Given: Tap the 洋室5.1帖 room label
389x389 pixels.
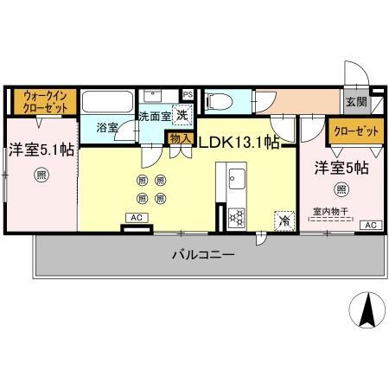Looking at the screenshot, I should (41, 149).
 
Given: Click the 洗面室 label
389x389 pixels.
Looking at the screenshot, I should (156, 116).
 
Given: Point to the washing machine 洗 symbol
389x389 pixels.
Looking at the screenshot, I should (182, 114).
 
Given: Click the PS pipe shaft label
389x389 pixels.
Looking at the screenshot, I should (188, 93).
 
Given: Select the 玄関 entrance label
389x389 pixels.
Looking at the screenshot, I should (355, 102).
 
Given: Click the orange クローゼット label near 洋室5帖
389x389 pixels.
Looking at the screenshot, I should (354, 131).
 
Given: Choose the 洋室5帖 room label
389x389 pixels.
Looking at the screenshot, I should (341, 168).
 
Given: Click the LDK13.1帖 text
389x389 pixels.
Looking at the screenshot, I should (239, 142).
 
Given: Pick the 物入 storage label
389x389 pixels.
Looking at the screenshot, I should (180, 137).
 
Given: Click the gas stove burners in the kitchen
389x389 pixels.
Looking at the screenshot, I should (235, 218).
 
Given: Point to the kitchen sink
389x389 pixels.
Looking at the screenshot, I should (235, 182).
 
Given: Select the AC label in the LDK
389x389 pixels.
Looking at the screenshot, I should (137, 217).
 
